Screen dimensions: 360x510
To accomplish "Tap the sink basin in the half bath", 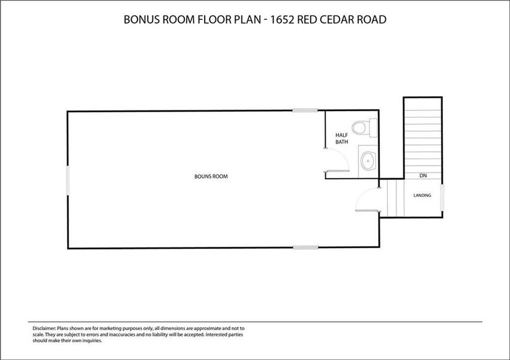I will tap(368, 161).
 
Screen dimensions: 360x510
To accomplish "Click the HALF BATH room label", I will tap(341, 138).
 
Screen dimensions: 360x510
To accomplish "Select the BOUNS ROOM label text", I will tap(211, 176).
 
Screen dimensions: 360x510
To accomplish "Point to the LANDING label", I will tap(422, 195).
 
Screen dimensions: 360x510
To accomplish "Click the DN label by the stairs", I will tap(423, 176).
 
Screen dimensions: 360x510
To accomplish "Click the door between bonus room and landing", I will tap(367, 199).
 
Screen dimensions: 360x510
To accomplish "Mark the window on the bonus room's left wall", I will tap(68, 180).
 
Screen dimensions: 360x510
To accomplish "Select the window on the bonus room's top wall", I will tap(305, 110).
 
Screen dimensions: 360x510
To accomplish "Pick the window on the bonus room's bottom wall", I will tap(305, 247).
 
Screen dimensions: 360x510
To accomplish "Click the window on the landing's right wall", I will tap(442, 197).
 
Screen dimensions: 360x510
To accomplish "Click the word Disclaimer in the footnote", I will tap(44, 328).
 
